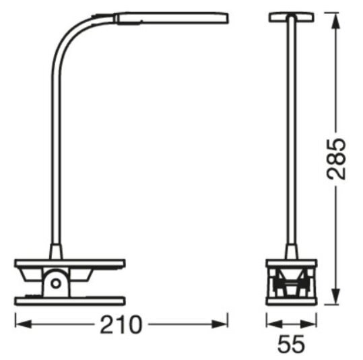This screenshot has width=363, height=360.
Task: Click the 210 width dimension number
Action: pyautogui.click(x=121, y=324)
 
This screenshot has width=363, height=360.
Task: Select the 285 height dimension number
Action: pyautogui.click(x=336, y=159)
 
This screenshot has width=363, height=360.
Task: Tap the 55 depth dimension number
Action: pyautogui.click(x=291, y=344)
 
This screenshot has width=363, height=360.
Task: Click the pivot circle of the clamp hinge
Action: pyautogui.click(x=56, y=283)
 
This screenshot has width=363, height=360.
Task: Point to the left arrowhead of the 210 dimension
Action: pyautogui.click(x=23, y=324)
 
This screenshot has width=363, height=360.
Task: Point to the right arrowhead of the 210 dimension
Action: pyautogui.click(x=220, y=324)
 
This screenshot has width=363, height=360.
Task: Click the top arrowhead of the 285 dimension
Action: pyautogui.click(x=335, y=21)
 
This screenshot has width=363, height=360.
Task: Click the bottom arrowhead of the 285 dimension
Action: pyautogui.click(x=335, y=297)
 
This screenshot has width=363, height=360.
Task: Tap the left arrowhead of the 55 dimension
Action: pyautogui.click(x=275, y=324)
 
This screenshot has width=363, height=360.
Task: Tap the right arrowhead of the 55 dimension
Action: pyautogui.click(x=308, y=324)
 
